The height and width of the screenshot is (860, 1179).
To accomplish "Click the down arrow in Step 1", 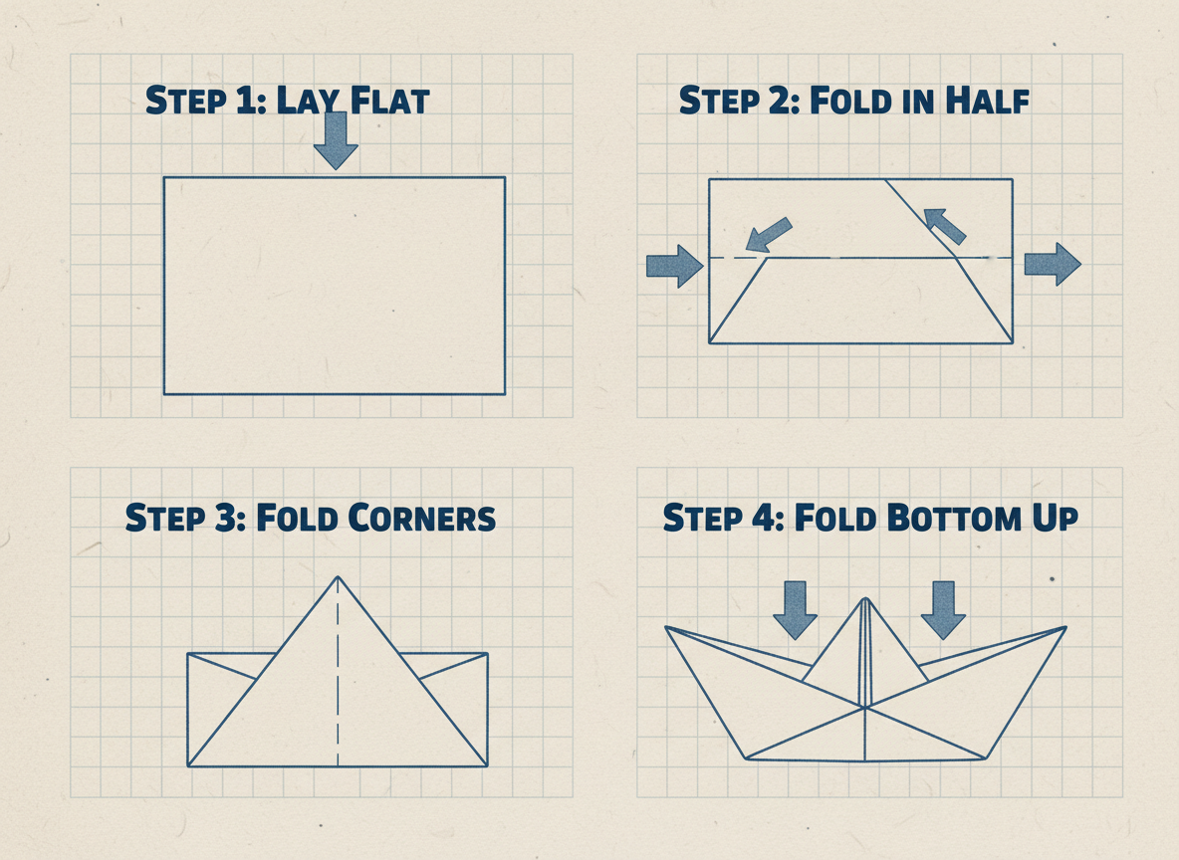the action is (336, 140).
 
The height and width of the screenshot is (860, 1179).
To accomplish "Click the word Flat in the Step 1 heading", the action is (390, 101).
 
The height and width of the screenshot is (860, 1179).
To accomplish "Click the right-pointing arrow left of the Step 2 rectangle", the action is (674, 266).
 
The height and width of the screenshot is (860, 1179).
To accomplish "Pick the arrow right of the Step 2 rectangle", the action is (1053, 264).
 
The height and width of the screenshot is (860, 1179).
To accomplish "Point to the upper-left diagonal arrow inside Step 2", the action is (768, 235).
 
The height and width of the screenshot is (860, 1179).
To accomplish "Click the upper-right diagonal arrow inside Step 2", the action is (944, 226).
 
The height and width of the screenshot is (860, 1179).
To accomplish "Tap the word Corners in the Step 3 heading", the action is (422, 518).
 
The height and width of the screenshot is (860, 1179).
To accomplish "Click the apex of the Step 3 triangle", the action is (338, 576).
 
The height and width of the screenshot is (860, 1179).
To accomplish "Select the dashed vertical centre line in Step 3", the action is (338, 671).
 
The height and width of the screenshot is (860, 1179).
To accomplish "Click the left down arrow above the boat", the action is (795, 610).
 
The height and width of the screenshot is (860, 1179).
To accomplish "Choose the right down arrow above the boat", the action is (943, 610).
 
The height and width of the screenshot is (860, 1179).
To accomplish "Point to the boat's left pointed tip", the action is (665, 627).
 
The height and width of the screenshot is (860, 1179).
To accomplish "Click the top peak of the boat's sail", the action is (865, 598).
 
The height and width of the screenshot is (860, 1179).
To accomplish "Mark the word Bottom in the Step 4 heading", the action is (954, 518).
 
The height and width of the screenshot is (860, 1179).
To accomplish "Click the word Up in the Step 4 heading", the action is (1055, 519).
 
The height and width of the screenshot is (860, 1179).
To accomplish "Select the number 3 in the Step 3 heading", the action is (226, 518).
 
